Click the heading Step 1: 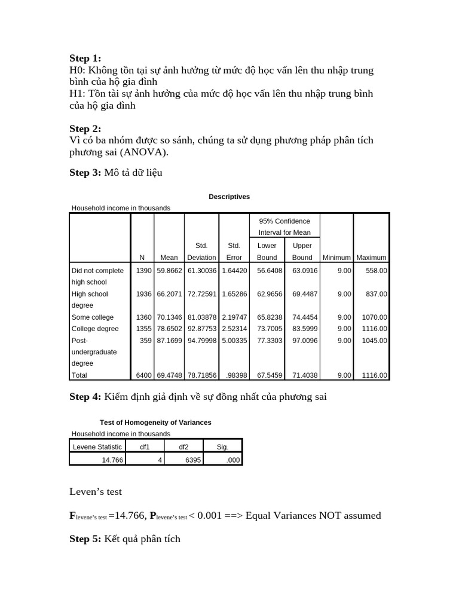pyautogui.click(x=85, y=58)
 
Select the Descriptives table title pyautogui.click(x=229, y=197)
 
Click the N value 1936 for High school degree pyautogui.click(x=143, y=294)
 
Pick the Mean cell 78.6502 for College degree pyautogui.click(x=169, y=329)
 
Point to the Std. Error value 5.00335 pyautogui.click(x=232, y=340)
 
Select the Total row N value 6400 pyautogui.click(x=143, y=375)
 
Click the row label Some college pyautogui.click(x=92, y=317)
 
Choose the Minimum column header pyautogui.click(x=336, y=258)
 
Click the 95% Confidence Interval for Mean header pyautogui.click(x=284, y=227)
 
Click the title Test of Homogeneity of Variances pyautogui.click(x=155, y=422)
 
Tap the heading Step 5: pyautogui.click(x=85, y=538)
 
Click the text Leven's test pyautogui.click(x=96, y=491)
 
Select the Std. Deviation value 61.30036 pyautogui.click(x=201, y=271)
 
